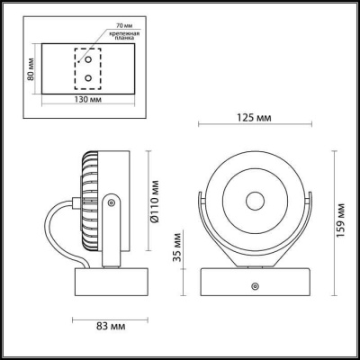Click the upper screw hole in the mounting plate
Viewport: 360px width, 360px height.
tap(87, 61)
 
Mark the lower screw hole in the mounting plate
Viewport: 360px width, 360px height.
tap(87, 78)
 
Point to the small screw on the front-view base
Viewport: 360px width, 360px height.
tap(255, 285)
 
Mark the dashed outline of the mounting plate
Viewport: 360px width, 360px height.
tap(87, 70)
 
